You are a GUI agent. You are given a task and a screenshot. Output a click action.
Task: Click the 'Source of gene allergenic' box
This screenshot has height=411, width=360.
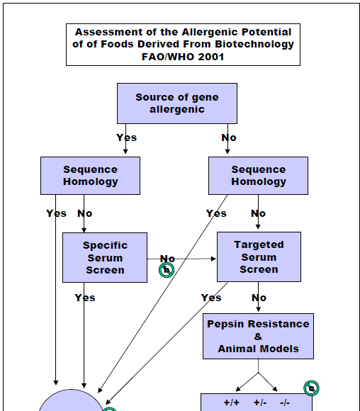click(x=177, y=103)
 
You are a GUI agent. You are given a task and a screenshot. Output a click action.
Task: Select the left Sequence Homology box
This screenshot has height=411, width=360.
click(x=90, y=176)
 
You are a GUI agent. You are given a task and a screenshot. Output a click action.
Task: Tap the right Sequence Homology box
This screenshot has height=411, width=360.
click(x=258, y=176)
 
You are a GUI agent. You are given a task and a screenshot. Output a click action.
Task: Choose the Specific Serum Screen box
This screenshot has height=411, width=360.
click(x=105, y=257)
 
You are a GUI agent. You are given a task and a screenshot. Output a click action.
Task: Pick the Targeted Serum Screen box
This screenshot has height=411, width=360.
click(x=259, y=257)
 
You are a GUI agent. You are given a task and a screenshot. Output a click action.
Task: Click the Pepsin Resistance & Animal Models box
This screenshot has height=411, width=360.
click(x=258, y=336)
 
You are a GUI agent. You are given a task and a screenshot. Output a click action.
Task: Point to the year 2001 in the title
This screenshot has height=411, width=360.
click(x=211, y=57)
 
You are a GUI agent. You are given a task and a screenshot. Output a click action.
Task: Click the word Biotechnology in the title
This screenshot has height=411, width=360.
click(x=254, y=45)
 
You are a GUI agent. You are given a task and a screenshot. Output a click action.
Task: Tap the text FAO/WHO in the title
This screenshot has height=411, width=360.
click(x=169, y=57)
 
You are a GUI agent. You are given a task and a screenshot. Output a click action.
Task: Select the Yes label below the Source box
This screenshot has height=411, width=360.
click(x=127, y=137)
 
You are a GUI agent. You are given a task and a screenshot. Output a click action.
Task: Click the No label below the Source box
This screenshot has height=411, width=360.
click(x=229, y=137)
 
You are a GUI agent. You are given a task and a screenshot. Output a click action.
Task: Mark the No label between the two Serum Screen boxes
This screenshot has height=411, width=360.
click(x=167, y=259)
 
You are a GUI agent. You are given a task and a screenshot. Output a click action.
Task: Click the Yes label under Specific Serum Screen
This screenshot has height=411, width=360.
click(x=85, y=298)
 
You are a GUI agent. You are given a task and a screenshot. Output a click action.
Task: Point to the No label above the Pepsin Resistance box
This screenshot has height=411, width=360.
click(x=259, y=298)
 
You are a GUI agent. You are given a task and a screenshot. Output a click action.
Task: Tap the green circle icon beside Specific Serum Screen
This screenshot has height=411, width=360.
click(x=167, y=270)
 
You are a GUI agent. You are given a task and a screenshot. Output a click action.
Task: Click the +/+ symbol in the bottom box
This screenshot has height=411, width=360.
click(x=232, y=402)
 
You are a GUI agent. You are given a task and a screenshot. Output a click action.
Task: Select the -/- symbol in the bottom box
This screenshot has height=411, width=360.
click(x=285, y=402)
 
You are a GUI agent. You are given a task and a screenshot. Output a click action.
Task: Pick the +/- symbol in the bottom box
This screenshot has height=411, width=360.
click(x=260, y=402)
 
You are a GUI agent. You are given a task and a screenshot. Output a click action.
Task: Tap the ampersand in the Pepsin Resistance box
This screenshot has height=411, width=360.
click(x=258, y=337)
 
